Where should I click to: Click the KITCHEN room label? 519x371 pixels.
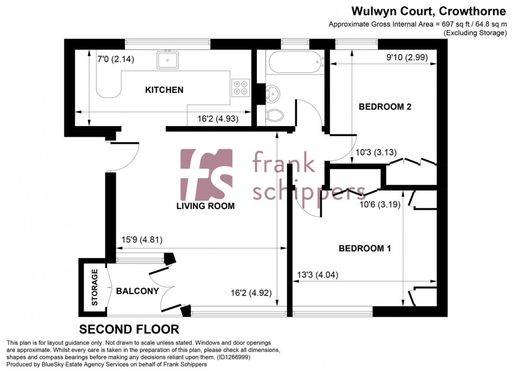point(164,90)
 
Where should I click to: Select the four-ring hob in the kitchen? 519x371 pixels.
point(240,87)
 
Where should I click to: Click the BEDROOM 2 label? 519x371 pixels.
point(385,107)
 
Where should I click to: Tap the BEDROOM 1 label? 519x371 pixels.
point(365,248)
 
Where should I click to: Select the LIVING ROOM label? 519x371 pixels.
point(206,206)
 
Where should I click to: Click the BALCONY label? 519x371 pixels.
point(137,291)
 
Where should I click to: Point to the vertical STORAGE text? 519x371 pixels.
point(95,287)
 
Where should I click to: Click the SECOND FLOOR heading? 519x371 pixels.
point(129,329)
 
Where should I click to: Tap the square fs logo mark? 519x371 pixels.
point(207,175)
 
